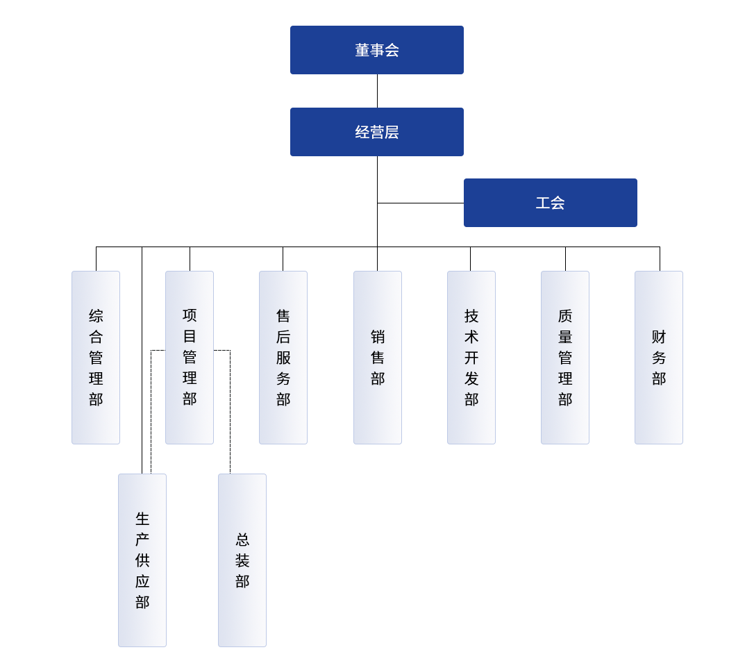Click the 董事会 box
click(377, 50)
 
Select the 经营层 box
click(377, 132)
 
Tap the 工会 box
click(550, 203)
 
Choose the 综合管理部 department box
click(96, 358)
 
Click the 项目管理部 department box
click(190, 358)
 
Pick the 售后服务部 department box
click(283, 358)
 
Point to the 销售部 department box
click(378, 358)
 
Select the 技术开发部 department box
click(471, 358)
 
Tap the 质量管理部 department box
click(565, 358)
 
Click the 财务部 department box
click(659, 358)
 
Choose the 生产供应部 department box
click(142, 560)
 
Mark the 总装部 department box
click(242, 560)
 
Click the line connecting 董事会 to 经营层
click(378, 91)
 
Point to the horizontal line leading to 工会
click(421, 203)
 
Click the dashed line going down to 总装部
click(230, 412)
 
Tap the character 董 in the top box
click(362, 50)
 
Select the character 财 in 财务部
click(659, 337)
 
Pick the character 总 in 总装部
click(242, 540)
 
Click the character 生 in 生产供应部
click(142, 519)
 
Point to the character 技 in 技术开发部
click(471, 316)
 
